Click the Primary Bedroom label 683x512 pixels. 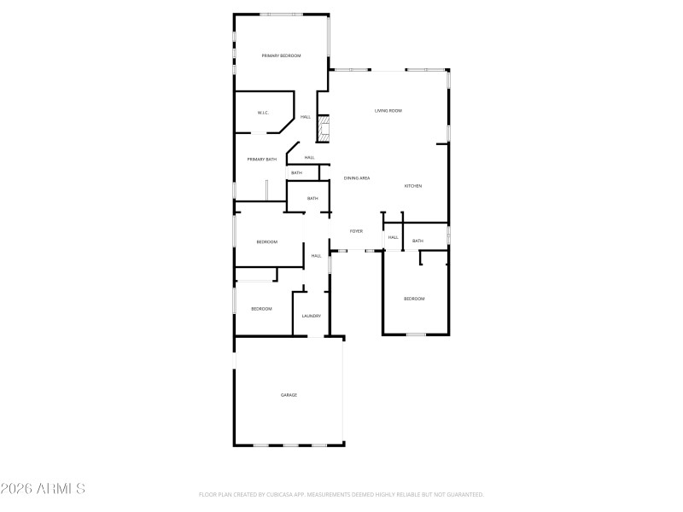click(x=281, y=55)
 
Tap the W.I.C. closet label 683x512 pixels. click(x=264, y=113)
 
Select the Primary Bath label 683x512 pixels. click(x=262, y=160)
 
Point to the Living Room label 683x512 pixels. click(x=388, y=111)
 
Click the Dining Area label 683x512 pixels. click(x=357, y=178)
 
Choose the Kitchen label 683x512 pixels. click(x=413, y=186)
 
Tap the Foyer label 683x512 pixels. click(x=356, y=231)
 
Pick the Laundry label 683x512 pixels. click(x=311, y=317)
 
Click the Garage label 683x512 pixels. click(x=289, y=395)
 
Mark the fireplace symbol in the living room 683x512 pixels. click(x=324, y=130)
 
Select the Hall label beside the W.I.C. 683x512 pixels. click(x=305, y=117)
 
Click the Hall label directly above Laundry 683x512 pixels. click(x=316, y=256)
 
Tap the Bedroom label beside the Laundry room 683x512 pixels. click(x=261, y=309)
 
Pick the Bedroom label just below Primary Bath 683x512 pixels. click(x=266, y=242)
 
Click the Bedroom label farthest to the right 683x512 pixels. click(x=414, y=299)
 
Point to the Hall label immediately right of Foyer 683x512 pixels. click(x=394, y=237)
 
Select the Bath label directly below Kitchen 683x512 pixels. click(x=417, y=241)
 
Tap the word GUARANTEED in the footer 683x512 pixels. click(x=462, y=494)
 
